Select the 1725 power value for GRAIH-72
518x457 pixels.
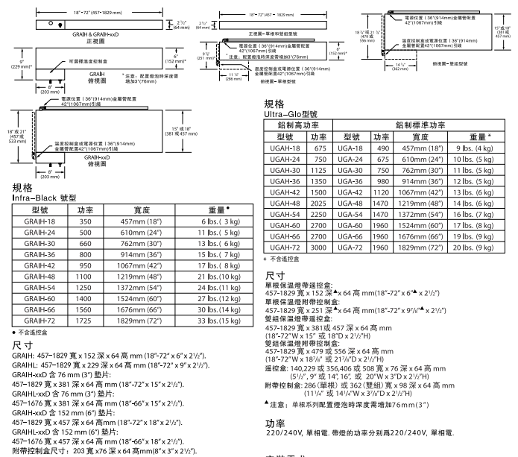(84, 320)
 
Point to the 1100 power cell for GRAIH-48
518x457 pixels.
(84, 277)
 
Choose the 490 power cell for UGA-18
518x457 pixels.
(382, 148)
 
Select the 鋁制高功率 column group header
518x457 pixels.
(298, 125)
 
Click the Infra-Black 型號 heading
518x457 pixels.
(44, 198)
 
